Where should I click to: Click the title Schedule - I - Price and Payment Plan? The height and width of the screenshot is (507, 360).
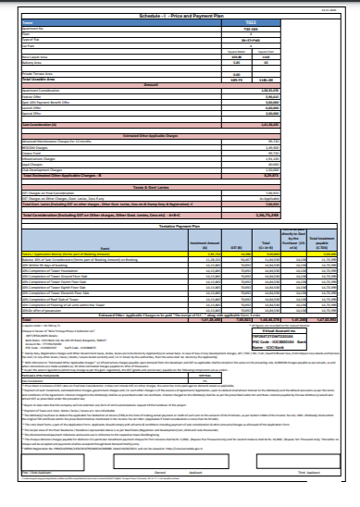180,18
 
